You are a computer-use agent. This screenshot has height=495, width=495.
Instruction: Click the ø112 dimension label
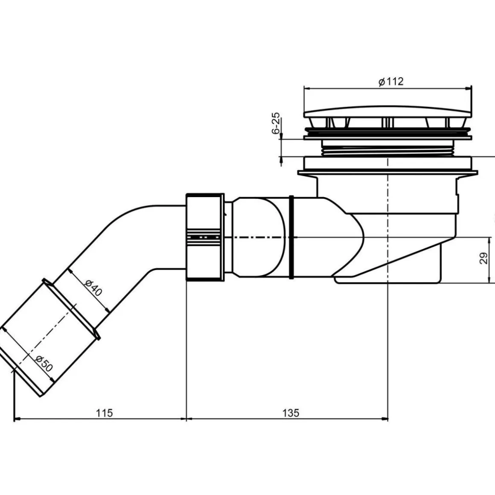[x=391, y=82]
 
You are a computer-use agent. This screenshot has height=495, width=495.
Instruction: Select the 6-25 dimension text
[x=276, y=123]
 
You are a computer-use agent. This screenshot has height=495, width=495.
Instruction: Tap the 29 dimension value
[x=483, y=258]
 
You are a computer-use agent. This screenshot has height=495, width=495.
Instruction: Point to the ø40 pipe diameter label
[x=94, y=288]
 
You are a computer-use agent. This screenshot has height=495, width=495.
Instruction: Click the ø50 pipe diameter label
[x=44, y=363]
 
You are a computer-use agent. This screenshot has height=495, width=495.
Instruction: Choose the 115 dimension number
[x=104, y=413]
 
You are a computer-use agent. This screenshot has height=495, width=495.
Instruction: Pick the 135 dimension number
[x=291, y=413]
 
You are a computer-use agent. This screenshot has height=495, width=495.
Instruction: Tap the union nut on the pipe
[x=205, y=237]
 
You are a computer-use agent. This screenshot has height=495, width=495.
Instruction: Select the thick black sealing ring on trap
[x=292, y=237]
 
